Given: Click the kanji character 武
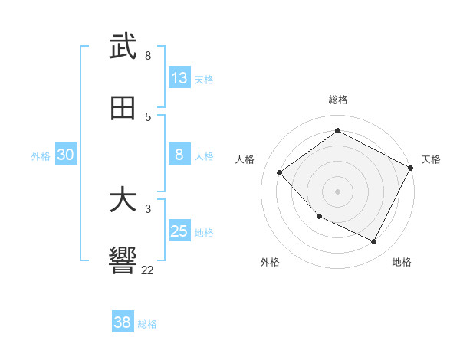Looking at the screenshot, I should click(x=123, y=47).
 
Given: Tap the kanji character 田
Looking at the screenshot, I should click(x=123, y=108).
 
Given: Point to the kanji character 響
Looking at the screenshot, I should click(x=123, y=260).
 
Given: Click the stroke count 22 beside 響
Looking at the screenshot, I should click(x=148, y=270).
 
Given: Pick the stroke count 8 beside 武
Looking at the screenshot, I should click(x=148, y=56).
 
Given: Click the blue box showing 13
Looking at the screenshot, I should click(x=179, y=78).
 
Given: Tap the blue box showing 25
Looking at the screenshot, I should click(x=179, y=231).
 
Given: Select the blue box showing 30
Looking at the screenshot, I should click(x=66, y=155).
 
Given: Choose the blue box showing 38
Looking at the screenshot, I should click(x=123, y=322).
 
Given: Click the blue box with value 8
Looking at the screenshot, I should click(x=179, y=155).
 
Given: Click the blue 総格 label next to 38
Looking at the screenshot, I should click(x=147, y=324).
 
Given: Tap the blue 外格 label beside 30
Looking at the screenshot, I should click(x=41, y=156).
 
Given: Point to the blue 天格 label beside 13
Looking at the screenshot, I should click(x=204, y=80).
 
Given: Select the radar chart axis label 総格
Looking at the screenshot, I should click(x=338, y=100).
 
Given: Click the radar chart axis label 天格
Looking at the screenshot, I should click(x=431, y=159).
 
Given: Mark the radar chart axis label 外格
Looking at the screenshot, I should click(x=270, y=262).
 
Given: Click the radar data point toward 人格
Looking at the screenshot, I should click(x=280, y=172).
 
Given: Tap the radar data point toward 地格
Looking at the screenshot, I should click(x=374, y=242).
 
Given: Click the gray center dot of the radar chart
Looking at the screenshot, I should click(x=337, y=191).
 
